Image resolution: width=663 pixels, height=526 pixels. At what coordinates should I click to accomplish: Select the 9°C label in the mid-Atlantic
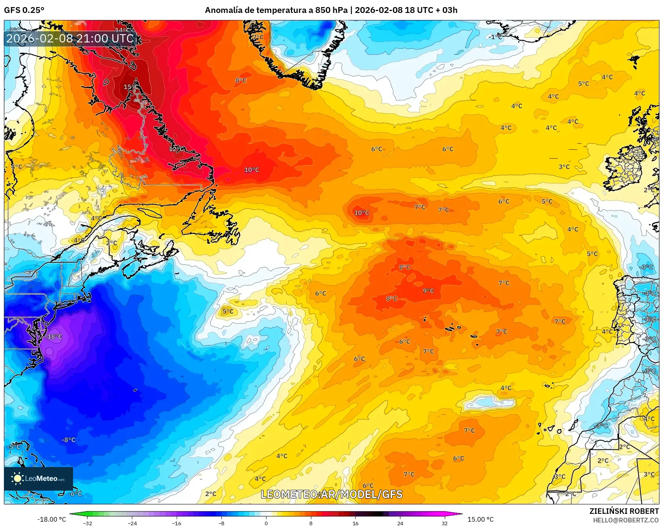point(428,291)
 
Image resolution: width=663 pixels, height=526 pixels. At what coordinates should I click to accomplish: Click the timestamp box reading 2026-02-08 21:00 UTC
point(70,38)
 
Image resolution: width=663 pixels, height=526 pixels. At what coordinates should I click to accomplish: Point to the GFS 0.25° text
point(24,10)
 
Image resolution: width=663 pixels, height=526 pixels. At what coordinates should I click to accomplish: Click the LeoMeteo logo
point(38,478)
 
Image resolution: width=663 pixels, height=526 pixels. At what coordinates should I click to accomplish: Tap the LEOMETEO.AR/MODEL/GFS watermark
point(332,494)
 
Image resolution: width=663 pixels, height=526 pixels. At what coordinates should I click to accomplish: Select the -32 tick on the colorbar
point(88,523)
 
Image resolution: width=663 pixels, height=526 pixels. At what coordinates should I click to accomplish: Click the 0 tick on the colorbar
point(266,523)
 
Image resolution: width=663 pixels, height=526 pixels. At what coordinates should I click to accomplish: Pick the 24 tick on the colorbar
point(400,523)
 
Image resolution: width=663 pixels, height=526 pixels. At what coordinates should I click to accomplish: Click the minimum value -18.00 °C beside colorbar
point(51,519)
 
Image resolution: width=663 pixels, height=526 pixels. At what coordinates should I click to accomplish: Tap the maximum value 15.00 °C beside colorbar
point(480,519)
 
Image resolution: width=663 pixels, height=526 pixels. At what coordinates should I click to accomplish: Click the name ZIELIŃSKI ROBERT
point(624,511)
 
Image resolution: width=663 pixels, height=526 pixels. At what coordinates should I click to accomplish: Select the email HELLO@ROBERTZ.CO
point(626,520)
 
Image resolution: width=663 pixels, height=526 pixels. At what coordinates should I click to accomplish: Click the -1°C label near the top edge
point(496,37)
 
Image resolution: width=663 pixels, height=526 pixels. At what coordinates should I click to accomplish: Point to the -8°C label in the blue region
point(68,440)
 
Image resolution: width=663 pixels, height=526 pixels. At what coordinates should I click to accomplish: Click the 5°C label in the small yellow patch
point(228,312)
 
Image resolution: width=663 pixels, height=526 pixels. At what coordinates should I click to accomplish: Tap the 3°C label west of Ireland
point(564,167)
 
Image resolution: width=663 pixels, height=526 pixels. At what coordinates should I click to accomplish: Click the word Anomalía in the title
point(223,10)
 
